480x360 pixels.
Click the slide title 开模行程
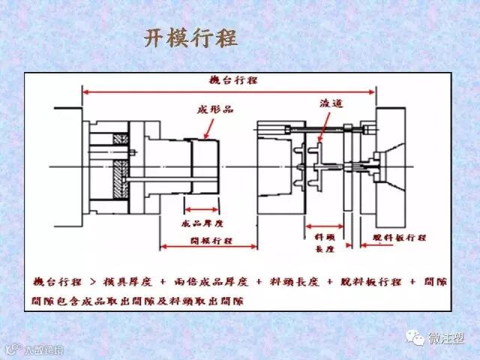190,38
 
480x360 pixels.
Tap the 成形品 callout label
215,109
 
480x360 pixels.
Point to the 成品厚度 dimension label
203,223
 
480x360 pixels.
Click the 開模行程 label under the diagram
211,241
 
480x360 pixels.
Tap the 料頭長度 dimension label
323,241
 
